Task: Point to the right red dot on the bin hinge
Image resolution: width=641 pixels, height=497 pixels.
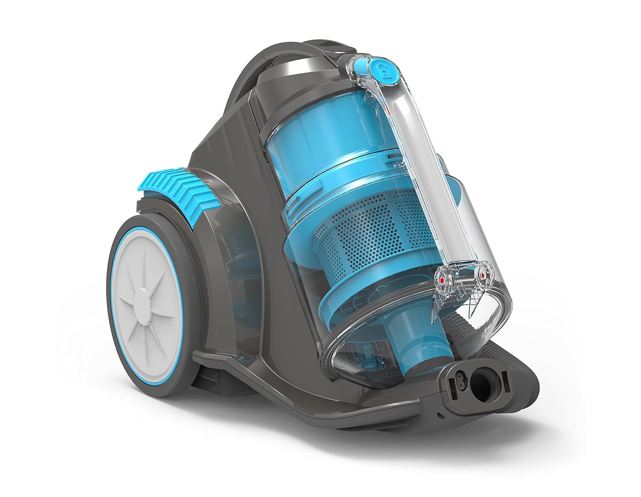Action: click(483, 276)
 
